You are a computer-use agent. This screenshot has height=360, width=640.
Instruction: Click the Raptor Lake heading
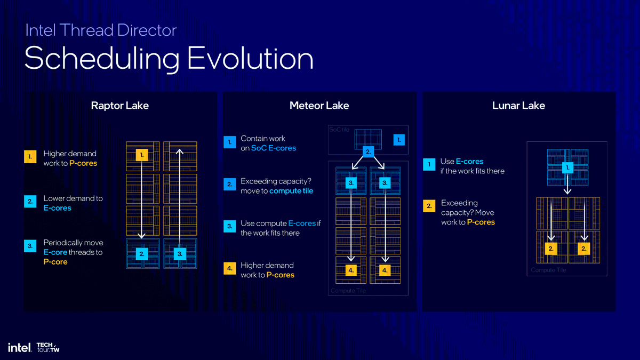119,106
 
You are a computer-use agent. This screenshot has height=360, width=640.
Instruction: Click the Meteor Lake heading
319,106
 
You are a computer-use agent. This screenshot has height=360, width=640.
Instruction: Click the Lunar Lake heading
518,106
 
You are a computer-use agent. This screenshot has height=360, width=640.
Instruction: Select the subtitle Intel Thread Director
101,30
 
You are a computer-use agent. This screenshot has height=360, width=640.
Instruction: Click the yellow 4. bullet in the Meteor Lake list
229,269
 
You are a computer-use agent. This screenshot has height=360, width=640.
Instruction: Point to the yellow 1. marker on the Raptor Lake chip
141,155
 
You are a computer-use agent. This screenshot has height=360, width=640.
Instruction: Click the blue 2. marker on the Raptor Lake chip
141,254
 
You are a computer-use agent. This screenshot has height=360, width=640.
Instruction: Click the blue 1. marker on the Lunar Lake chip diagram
567,167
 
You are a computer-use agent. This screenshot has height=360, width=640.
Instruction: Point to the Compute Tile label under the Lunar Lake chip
548,270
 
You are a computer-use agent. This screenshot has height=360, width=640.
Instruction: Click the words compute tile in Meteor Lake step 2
291,191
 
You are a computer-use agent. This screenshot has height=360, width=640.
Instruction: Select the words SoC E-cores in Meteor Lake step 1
274,148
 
